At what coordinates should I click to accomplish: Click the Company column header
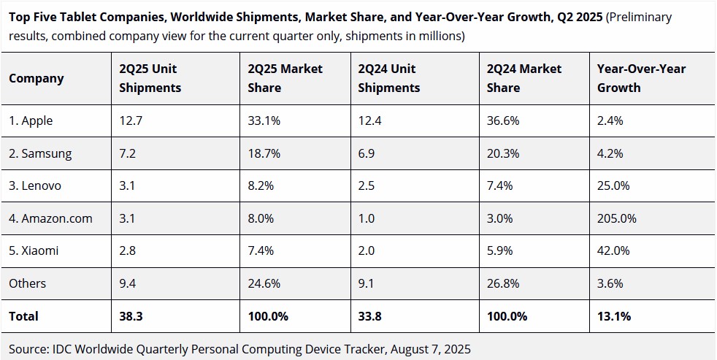pyautogui.click(x=37, y=78)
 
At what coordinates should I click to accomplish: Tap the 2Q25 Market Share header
pyautogui.click(x=285, y=78)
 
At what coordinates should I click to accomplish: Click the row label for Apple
pyautogui.click(x=31, y=121)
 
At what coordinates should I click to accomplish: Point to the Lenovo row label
pyautogui.click(x=35, y=185)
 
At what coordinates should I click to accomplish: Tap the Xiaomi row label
pyautogui.click(x=34, y=250)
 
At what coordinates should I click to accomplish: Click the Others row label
pyautogui.click(x=28, y=283)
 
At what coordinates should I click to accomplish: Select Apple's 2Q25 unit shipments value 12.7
pyautogui.click(x=130, y=121)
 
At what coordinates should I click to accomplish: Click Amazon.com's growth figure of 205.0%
pyautogui.click(x=617, y=218)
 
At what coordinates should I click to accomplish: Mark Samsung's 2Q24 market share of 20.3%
pyautogui.click(x=503, y=153)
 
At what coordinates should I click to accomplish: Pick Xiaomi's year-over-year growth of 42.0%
pyautogui.click(x=613, y=250)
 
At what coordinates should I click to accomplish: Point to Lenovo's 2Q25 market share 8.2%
pyautogui.click(x=261, y=185)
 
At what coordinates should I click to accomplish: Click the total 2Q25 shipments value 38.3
pyautogui.click(x=131, y=316)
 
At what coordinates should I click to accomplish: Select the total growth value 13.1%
pyautogui.click(x=614, y=316)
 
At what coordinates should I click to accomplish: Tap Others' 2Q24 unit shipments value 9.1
pyautogui.click(x=367, y=283)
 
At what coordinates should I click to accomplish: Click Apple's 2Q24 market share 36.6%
pyautogui.click(x=503, y=121)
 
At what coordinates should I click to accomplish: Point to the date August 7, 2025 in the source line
pyautogui.click(x=431, y=345)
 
